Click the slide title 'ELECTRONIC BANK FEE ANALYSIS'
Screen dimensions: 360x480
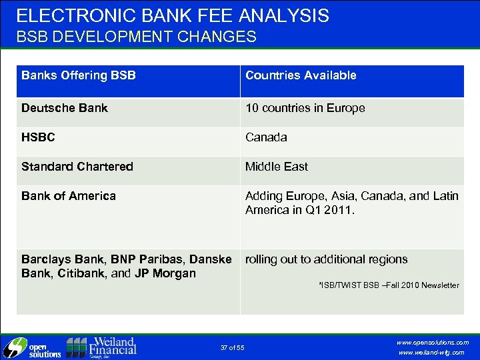pyautogui.click(x=173, y=15)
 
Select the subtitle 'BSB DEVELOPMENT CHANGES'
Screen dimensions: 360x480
pyautogui.click(x=136, y=37)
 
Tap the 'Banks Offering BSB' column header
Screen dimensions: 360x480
pyautogui.click(x=78, y=75)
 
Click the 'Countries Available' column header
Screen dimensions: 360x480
pyautogui.click(x=301, y=75)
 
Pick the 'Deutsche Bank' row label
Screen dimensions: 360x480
pyautogui.click(x=64, y=108)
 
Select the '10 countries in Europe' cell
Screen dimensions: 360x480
pyautogui.click(x=305, y=108)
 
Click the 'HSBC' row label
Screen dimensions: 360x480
pyautogui.click(x=38, y=137)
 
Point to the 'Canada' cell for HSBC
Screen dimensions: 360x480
pyautogui.click(x=266, y=137)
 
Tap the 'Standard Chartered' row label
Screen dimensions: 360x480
pyautogui.click(x=77, y=167)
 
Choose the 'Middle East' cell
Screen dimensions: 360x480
pyautogui.click(x=276, y=167)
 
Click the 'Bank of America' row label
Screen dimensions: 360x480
pyautogui.click(x=68, y=196)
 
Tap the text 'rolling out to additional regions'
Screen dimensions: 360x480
pyautogui.click(x=326, y=259)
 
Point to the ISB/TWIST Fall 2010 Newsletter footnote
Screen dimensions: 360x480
pyautogui.click(x=389, y=285)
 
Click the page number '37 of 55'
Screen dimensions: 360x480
pyautogui.click(x=232, y=348)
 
